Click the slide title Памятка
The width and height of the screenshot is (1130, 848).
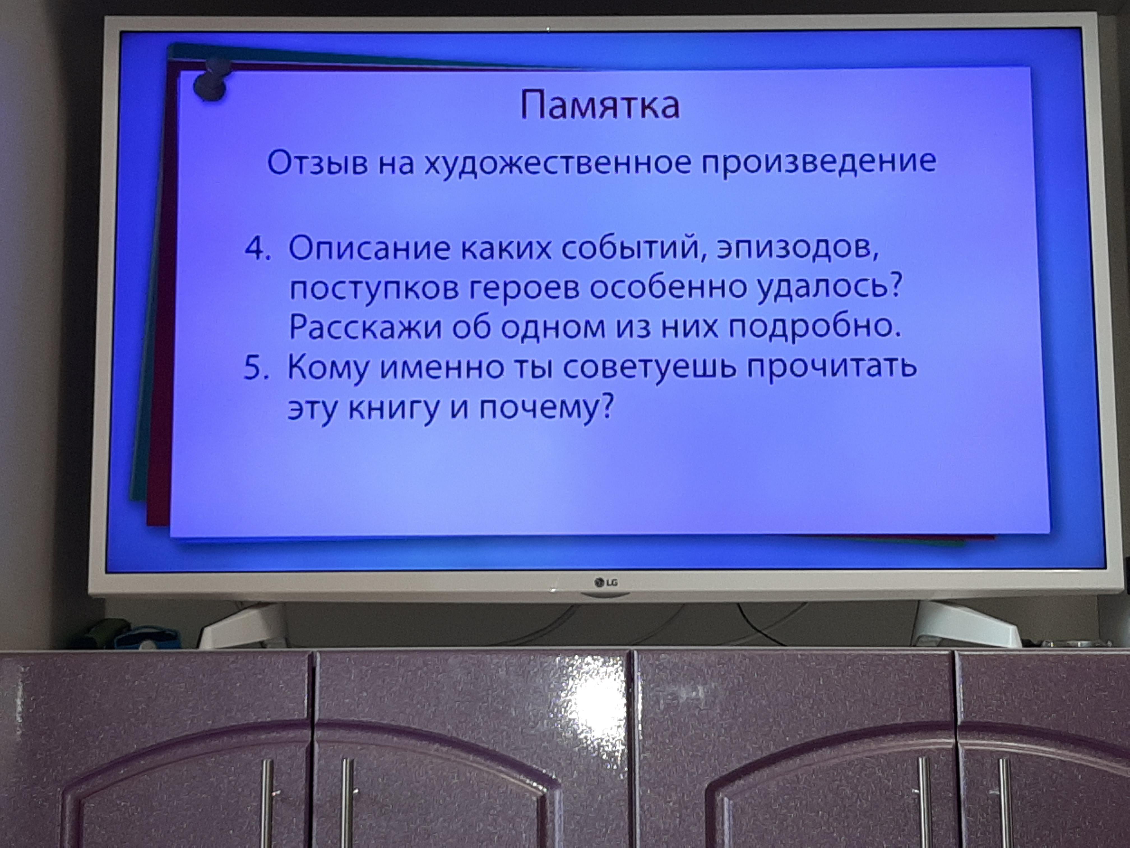(x=600, y=105)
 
